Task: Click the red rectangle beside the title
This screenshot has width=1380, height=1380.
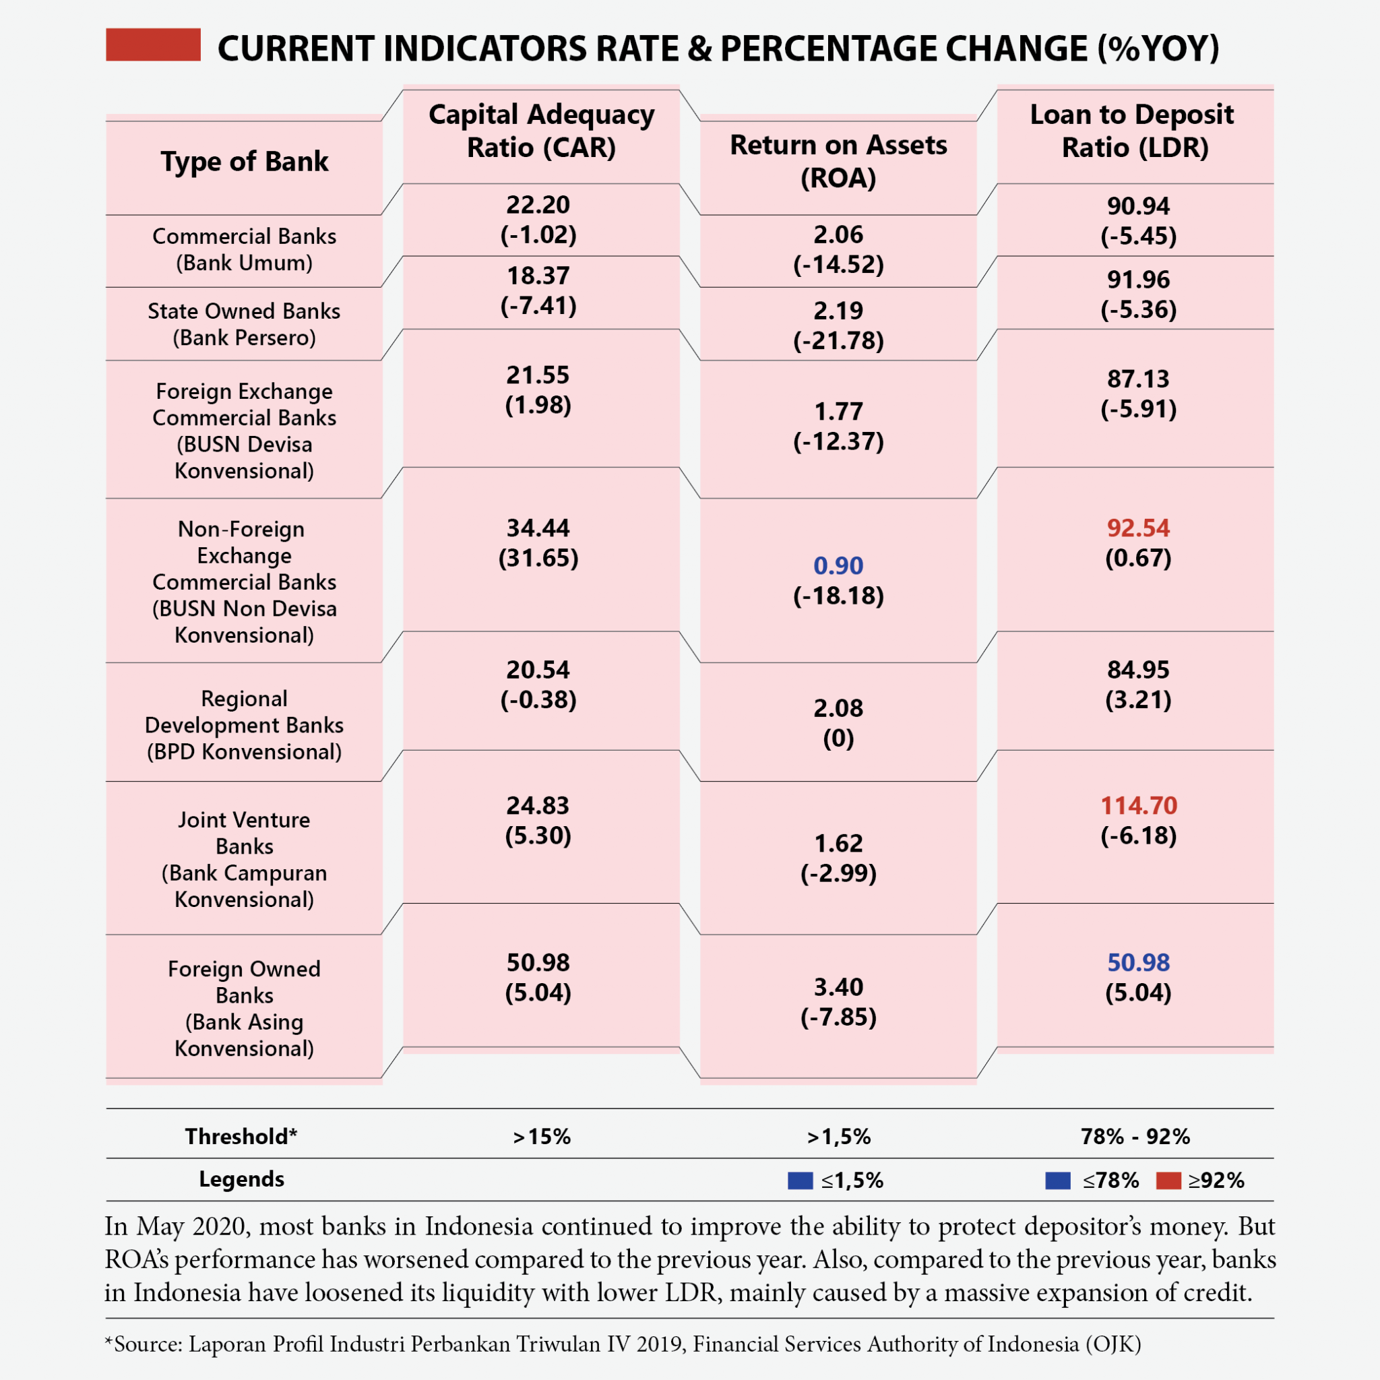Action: [153, 44]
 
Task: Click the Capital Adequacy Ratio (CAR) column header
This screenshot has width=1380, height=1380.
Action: [540, 131]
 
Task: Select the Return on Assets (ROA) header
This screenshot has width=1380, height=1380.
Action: [838, 161]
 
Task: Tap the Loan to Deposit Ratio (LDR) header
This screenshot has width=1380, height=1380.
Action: [1134, 131]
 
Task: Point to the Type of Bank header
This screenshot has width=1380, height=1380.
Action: [245, 162]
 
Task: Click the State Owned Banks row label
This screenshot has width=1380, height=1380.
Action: [245, 323]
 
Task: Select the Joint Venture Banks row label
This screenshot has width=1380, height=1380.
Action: [245, 858]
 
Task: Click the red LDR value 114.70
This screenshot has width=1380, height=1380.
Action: [1138, 806]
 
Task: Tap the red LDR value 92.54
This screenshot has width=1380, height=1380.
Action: [1138, 528]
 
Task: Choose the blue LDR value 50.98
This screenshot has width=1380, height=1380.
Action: [1138, 962]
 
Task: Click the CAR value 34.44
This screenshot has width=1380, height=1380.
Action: [538, 528]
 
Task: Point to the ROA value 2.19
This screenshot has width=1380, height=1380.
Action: [838, 311]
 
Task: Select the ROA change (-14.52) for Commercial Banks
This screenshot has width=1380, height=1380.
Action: [838, 265]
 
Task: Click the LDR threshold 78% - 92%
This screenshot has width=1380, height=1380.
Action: [1135, 1137]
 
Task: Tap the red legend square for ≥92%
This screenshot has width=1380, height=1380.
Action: [1168, 1181]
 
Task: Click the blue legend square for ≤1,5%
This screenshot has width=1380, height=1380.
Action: [800, 1181]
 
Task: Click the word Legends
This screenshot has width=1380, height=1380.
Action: [241, 1179]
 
